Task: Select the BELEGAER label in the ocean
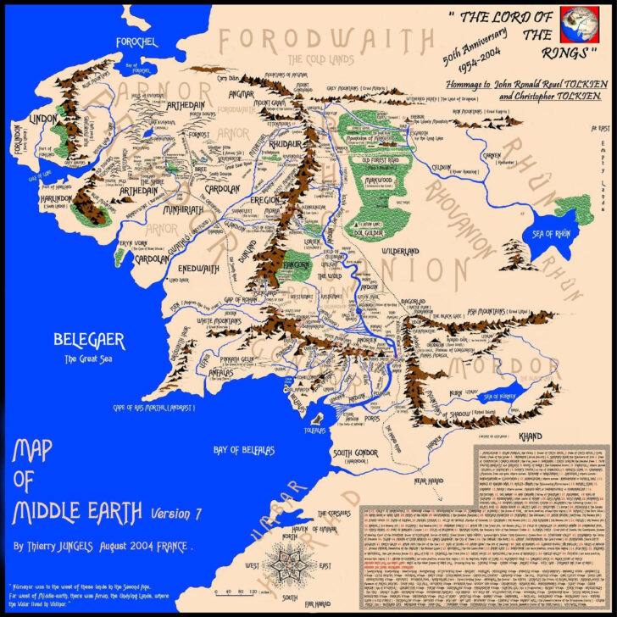89,342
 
